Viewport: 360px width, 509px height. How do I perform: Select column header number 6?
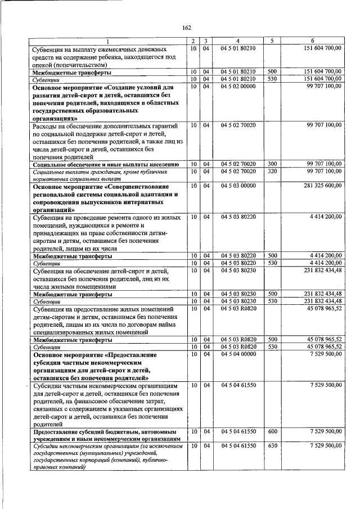point(313,41)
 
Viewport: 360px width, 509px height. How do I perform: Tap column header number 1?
point(109,41)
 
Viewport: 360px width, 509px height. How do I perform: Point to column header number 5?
point(272,41)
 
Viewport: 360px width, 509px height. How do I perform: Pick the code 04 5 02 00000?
point(238,86)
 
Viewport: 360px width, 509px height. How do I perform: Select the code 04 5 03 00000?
point(238,185)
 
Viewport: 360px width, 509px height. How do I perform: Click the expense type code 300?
point(272,164)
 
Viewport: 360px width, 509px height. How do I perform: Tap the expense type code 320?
point(272,171)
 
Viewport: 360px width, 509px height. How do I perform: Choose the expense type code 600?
point(272,431)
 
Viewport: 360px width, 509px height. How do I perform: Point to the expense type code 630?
point(272,445)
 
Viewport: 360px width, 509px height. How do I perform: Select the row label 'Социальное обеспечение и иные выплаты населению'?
point(106,164)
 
